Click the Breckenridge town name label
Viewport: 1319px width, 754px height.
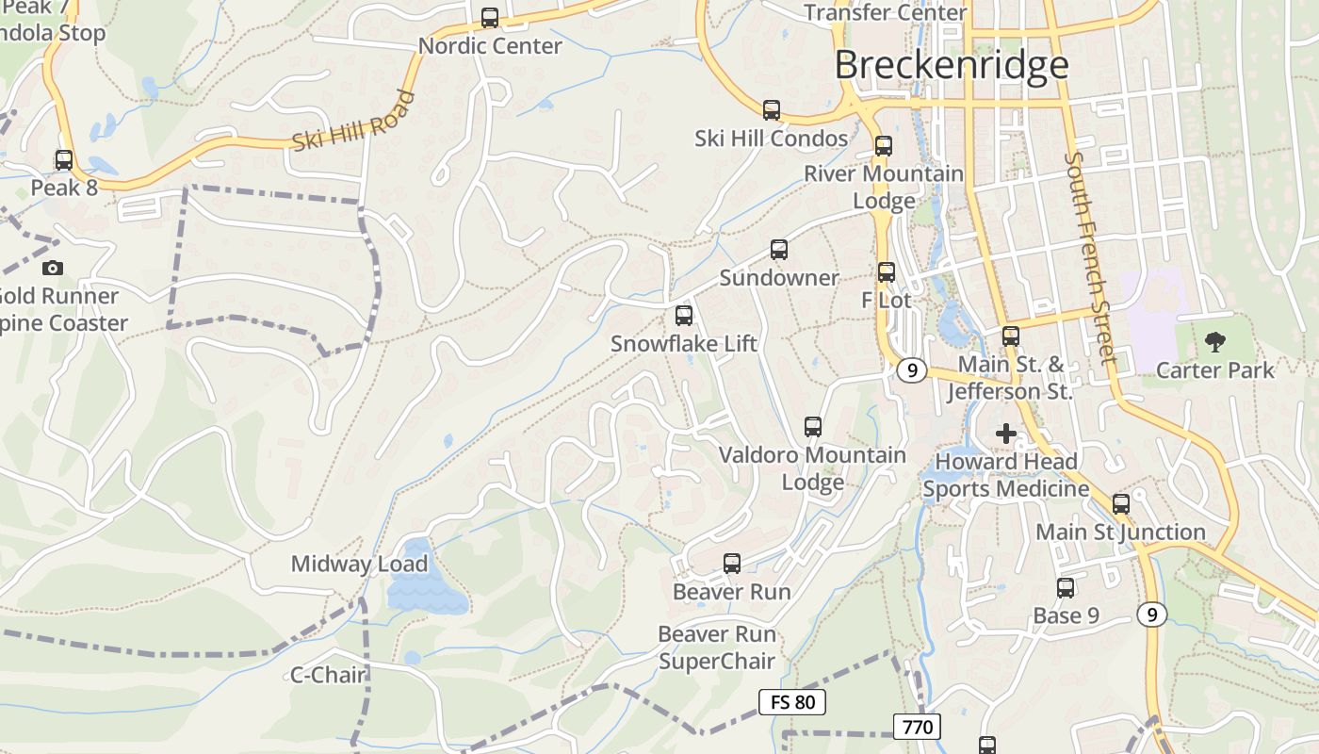(x=952, y=65)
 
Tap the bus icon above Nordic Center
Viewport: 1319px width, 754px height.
(x=490, y=18)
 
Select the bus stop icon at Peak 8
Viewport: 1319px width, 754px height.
(x=64, y=160)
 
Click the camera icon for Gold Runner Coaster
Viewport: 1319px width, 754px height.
(x=53, y=269)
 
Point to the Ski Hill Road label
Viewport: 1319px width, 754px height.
(x=353, y=122)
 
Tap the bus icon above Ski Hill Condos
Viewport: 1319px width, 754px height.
(x=772, y=110)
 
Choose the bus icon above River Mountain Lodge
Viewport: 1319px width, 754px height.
(x=884, y=146)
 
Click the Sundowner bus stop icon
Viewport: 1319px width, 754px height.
(x=779, y=250)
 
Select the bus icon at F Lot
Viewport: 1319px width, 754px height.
(x=887, y=272)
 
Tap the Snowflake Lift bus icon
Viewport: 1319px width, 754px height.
(x=684, y=316)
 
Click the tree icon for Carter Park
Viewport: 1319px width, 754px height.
(x=1215, y=342)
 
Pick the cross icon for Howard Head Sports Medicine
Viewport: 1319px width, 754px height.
(x=1006, y=434)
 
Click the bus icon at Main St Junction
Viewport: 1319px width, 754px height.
(x=1121, y=504)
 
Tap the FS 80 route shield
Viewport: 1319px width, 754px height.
(x=792, y=702)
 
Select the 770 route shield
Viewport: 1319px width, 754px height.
(x=917, y=727)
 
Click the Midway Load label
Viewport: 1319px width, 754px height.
(x=359, y=565)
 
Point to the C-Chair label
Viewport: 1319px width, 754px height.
(x=327, y=675)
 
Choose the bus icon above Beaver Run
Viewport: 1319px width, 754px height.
(x=732, y=564)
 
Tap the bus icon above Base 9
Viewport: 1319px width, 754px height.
(x=1066, y=588)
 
